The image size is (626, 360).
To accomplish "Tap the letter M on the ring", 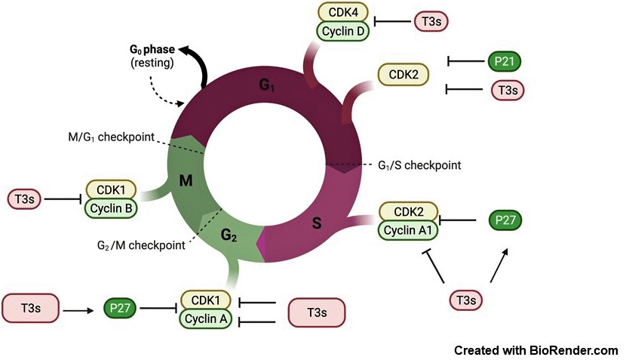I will [x=187, y=179].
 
